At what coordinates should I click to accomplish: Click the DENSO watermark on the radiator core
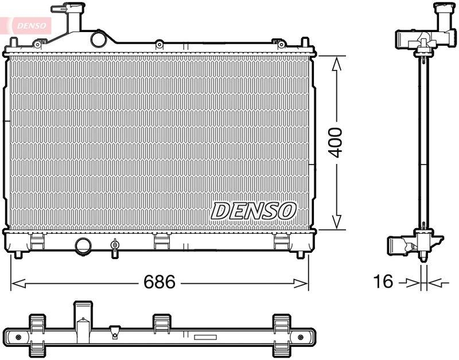click(253, 211)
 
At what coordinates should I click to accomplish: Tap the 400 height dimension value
click(336, 143)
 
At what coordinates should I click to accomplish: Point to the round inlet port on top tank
click(99, 40)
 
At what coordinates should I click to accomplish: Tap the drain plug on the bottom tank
click(115, 246)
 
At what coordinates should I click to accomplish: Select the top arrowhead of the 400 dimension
click(337, 62)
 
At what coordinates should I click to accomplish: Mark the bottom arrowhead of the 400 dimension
click(337, 222)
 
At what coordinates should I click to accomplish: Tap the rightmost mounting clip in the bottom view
click(281, 332)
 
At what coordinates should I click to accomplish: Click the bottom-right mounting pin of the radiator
click(302, 253)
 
